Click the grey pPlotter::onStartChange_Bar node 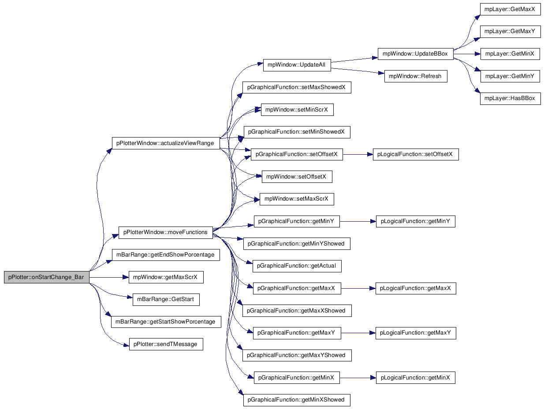click(x=47, y=277)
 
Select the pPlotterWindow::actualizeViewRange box click(x=166, y=143)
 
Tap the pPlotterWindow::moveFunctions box click(x=166, y=233)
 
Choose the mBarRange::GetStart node click(x=166, y=300)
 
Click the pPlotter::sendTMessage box click(x=166, y=344)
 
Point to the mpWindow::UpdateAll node click(x=297, y=65)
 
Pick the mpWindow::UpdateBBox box click(x=415, y=54)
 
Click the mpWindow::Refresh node click(x=416, y=76)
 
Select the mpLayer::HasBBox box click(x=510, y=98)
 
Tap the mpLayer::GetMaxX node click(x=510, y=9)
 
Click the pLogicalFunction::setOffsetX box click(x=416, y=154)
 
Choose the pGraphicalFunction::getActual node click(x=297, y=266)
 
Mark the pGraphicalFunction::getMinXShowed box click(x=297, y=400)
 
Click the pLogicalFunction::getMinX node click(x=415, y=378)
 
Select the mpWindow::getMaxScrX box click(x=166, y=277)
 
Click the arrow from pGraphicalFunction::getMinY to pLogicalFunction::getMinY click(x=358, y=222)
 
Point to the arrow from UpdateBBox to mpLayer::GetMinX click(x=467, y=54)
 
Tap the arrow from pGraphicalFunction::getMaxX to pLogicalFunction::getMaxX click(x=358, y=288)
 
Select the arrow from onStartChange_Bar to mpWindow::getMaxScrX click(x=109, y=277)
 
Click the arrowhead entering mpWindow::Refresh click(x=381, y=73)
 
